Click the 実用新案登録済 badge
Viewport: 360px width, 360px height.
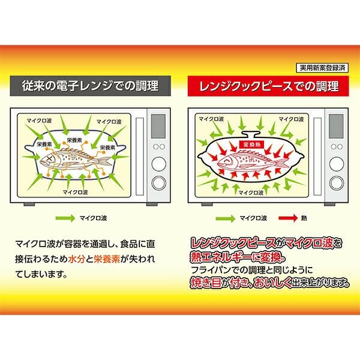[x=322, y=68]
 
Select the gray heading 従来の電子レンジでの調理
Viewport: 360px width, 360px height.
[x=90, y=86]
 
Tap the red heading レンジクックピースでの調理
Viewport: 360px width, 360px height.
[x=268, y=86]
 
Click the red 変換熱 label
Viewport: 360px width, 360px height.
[x=251, y=145]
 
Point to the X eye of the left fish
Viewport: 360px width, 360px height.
[x=49, y=158]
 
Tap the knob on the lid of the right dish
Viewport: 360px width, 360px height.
[x=251, y=134]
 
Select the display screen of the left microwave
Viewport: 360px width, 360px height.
[x=158, y=126]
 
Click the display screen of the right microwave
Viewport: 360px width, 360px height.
[x=336, y=126]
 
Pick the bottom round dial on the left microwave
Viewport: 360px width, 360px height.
[x=158, y=183]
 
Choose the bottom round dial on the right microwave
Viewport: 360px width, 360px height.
[x=337, y=183]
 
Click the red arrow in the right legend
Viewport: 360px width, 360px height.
[x=287, y=218]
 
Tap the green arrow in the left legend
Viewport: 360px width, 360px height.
[x=65, y=218]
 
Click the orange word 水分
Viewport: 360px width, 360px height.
[x=77, y=259]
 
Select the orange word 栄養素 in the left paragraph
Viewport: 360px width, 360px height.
[x=107, y=259]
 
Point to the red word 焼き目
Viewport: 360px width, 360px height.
[x=206, y=283]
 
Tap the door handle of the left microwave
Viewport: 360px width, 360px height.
[x=140, y=157]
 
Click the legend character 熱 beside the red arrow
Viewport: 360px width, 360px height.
[x=304, y=218]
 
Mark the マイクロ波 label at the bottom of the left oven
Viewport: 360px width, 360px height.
[x=76, y=192]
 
